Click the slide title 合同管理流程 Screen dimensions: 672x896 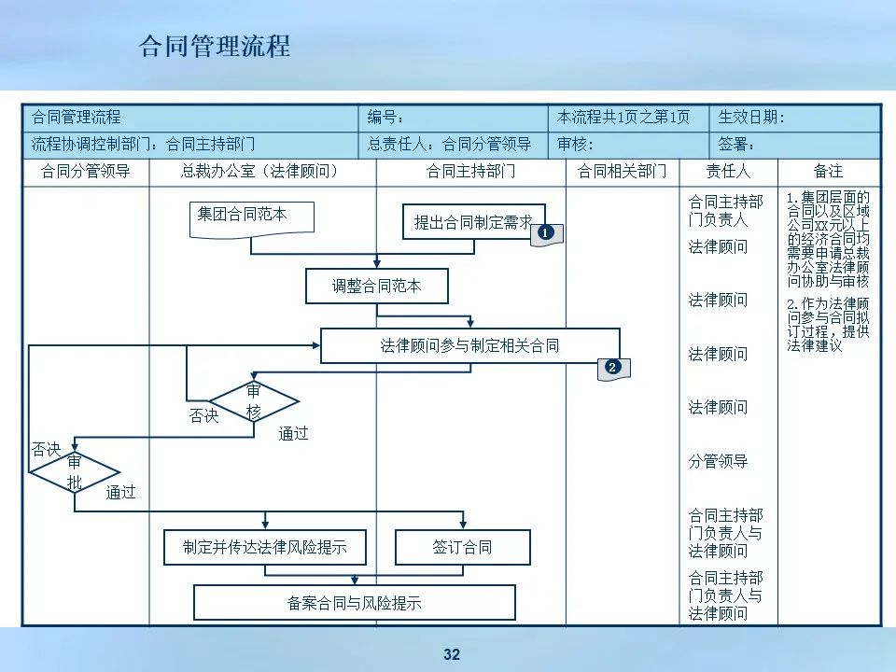[215, 46]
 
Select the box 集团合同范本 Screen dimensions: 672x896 [251, 216]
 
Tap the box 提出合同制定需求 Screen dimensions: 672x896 [472, 222]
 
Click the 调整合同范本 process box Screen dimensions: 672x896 [377, 287]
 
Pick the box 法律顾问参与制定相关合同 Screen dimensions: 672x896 [469, 345]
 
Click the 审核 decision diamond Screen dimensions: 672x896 [254, 401]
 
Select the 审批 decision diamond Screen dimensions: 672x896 [75, 472]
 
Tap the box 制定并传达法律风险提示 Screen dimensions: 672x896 [265, 548]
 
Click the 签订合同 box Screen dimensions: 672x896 [462, 548]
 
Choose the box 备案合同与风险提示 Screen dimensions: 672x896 [355, 603]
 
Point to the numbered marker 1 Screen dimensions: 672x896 [546, 231]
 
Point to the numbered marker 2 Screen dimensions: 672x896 [612, 367]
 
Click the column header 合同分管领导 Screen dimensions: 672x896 [85, 172]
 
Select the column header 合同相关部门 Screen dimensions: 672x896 [623, 172]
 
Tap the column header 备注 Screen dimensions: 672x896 [828, 172]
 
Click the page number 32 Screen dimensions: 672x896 [452, 655]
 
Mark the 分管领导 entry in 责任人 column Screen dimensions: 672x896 [718, 461]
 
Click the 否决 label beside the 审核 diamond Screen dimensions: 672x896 [203, 416]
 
